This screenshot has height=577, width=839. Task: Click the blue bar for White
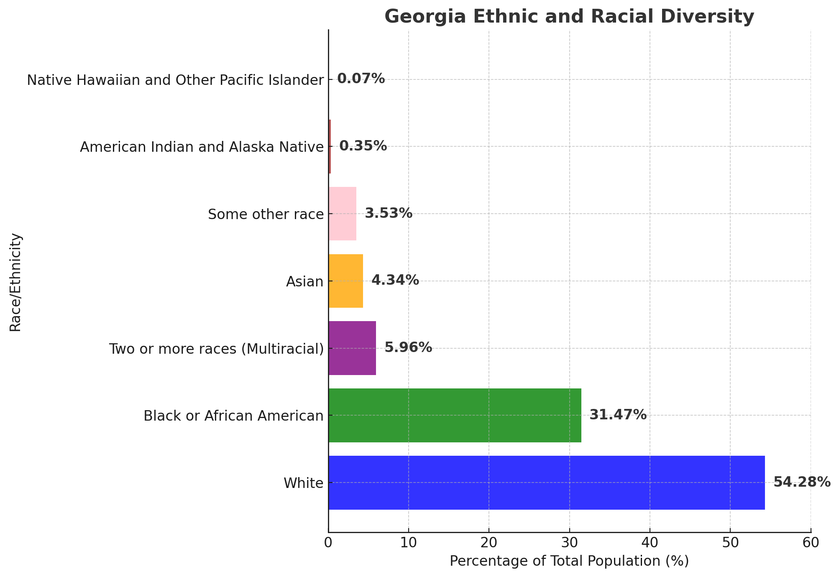(546, 483)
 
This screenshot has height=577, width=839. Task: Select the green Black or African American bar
(455, 415)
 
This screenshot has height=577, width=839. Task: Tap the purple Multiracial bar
(352, 348)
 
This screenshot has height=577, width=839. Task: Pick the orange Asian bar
(346, 281)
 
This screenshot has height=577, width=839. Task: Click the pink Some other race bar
(343, 214)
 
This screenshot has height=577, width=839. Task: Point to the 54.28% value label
(801, 482)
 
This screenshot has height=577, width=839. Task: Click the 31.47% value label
(618, 415)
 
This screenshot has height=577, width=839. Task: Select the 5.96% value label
(408, 347)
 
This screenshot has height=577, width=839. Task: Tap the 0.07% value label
(361, 79)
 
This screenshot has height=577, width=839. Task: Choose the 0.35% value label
(363, 146)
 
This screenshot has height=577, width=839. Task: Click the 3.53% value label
(389, 213)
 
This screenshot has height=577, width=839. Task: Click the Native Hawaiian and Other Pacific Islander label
(175, 80)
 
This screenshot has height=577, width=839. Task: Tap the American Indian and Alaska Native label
(202, 147)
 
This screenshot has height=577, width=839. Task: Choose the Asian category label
(305, 282)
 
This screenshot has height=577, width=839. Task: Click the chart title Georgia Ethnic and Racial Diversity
(569, 17)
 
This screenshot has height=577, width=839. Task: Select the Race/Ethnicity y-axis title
(15, 282)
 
